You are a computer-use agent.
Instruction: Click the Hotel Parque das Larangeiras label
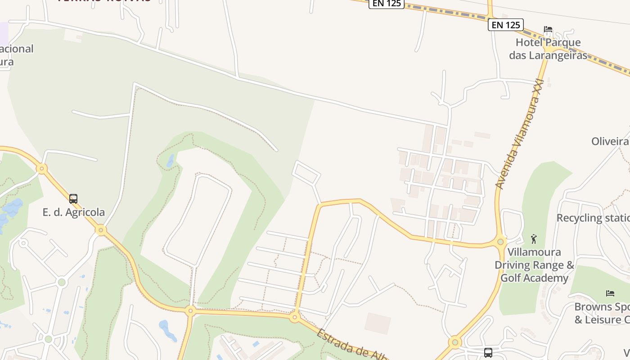click(x=548, y=49)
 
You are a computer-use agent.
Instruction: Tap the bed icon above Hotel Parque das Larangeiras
click(x=548, y=30)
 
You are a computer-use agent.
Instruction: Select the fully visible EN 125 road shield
click(x=506, y=25)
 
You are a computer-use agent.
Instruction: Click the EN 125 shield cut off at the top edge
click(x=387, y=4)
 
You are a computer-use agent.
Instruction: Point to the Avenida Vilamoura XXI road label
click(x=520, y=134)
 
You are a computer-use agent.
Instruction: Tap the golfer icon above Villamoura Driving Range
click(x=534, y=238)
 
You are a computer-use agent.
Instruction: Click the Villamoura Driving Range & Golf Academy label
click(x=534, y=265)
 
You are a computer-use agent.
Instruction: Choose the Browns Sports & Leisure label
click(x=602, y=313)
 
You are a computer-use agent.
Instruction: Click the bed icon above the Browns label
click(x=610, y=293)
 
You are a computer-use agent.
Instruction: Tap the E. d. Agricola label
click(x=74, y=212)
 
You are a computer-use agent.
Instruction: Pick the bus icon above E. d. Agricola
click(x=73, y=198)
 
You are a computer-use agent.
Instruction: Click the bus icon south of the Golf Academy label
click(x=488, y=352)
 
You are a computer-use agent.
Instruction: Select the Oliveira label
click(x=610, y=141)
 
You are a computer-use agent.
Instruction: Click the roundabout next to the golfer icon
click(x=500, y=242)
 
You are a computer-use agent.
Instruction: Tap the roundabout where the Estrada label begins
click(x=295, y=317)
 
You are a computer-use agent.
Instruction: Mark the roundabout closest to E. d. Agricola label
click(x=101, y=230)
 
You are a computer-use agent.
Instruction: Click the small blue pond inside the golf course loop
click(x=170, y=161)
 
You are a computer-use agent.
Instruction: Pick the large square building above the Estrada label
click(x=378, y=324)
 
